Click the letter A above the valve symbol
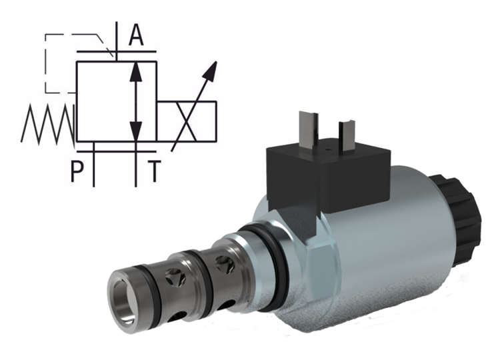[136, 35]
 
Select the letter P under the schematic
[78, 171]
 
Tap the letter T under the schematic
[154, 171]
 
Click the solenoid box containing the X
[187, 121]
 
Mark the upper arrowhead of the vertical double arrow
[136, 69]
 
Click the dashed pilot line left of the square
[45, 63]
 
